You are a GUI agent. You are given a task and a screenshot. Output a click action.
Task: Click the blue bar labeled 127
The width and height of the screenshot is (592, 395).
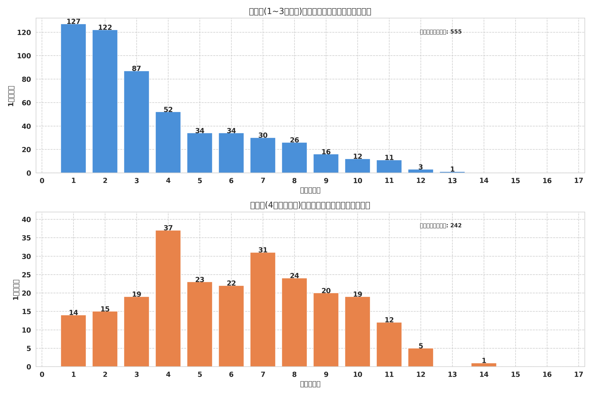click(73, 98)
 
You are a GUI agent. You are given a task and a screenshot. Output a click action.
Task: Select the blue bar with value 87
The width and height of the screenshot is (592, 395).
click(136, 122)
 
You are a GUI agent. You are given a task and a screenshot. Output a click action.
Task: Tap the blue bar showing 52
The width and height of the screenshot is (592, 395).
click(168, 142)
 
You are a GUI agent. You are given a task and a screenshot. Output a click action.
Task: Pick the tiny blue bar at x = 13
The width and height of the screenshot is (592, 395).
click(452, 172)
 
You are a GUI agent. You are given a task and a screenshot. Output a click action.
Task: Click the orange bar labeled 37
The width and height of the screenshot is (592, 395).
click(168, 299)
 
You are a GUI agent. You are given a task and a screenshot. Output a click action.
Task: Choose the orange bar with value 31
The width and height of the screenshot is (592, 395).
click(262, 310)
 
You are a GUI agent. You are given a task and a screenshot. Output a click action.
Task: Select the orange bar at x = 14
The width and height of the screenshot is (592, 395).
click(484, 365)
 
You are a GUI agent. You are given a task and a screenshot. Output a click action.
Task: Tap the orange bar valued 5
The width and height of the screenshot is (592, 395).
click(420, 358)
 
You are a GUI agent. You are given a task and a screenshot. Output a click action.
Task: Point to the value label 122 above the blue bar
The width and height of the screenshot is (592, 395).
click(105, 28)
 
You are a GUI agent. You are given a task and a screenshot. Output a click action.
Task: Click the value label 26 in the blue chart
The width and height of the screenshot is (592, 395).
click(294, 140)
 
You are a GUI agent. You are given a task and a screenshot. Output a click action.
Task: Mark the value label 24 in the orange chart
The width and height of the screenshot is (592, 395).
click(294, 276)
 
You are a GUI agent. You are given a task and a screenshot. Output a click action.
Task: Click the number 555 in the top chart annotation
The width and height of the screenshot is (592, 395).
click(456, 32)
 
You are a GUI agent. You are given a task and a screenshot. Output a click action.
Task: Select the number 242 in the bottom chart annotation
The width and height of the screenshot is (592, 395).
click(456, 226)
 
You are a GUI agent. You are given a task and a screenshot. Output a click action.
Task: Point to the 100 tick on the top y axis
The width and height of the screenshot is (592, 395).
click(24, 56)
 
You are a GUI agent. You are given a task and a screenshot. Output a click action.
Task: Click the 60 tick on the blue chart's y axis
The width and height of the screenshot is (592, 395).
click(26, 103)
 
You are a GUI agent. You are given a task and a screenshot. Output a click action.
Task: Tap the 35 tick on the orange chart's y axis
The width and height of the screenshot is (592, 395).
click(26, 238)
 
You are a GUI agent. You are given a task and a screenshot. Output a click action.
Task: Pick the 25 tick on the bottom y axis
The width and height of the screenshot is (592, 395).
click(26, 275)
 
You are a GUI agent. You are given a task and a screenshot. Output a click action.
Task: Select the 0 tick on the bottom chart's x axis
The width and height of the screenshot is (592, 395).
click(42, 375)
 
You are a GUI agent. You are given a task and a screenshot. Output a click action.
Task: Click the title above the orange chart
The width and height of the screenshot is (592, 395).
click(310, 205)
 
